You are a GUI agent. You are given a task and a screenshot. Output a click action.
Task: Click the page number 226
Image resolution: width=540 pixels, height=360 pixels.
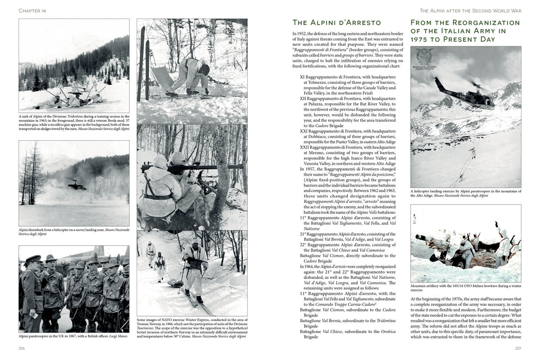tap(22, 348)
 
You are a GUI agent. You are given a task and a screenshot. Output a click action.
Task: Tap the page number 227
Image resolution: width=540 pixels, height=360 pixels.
tap(518, 348)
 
